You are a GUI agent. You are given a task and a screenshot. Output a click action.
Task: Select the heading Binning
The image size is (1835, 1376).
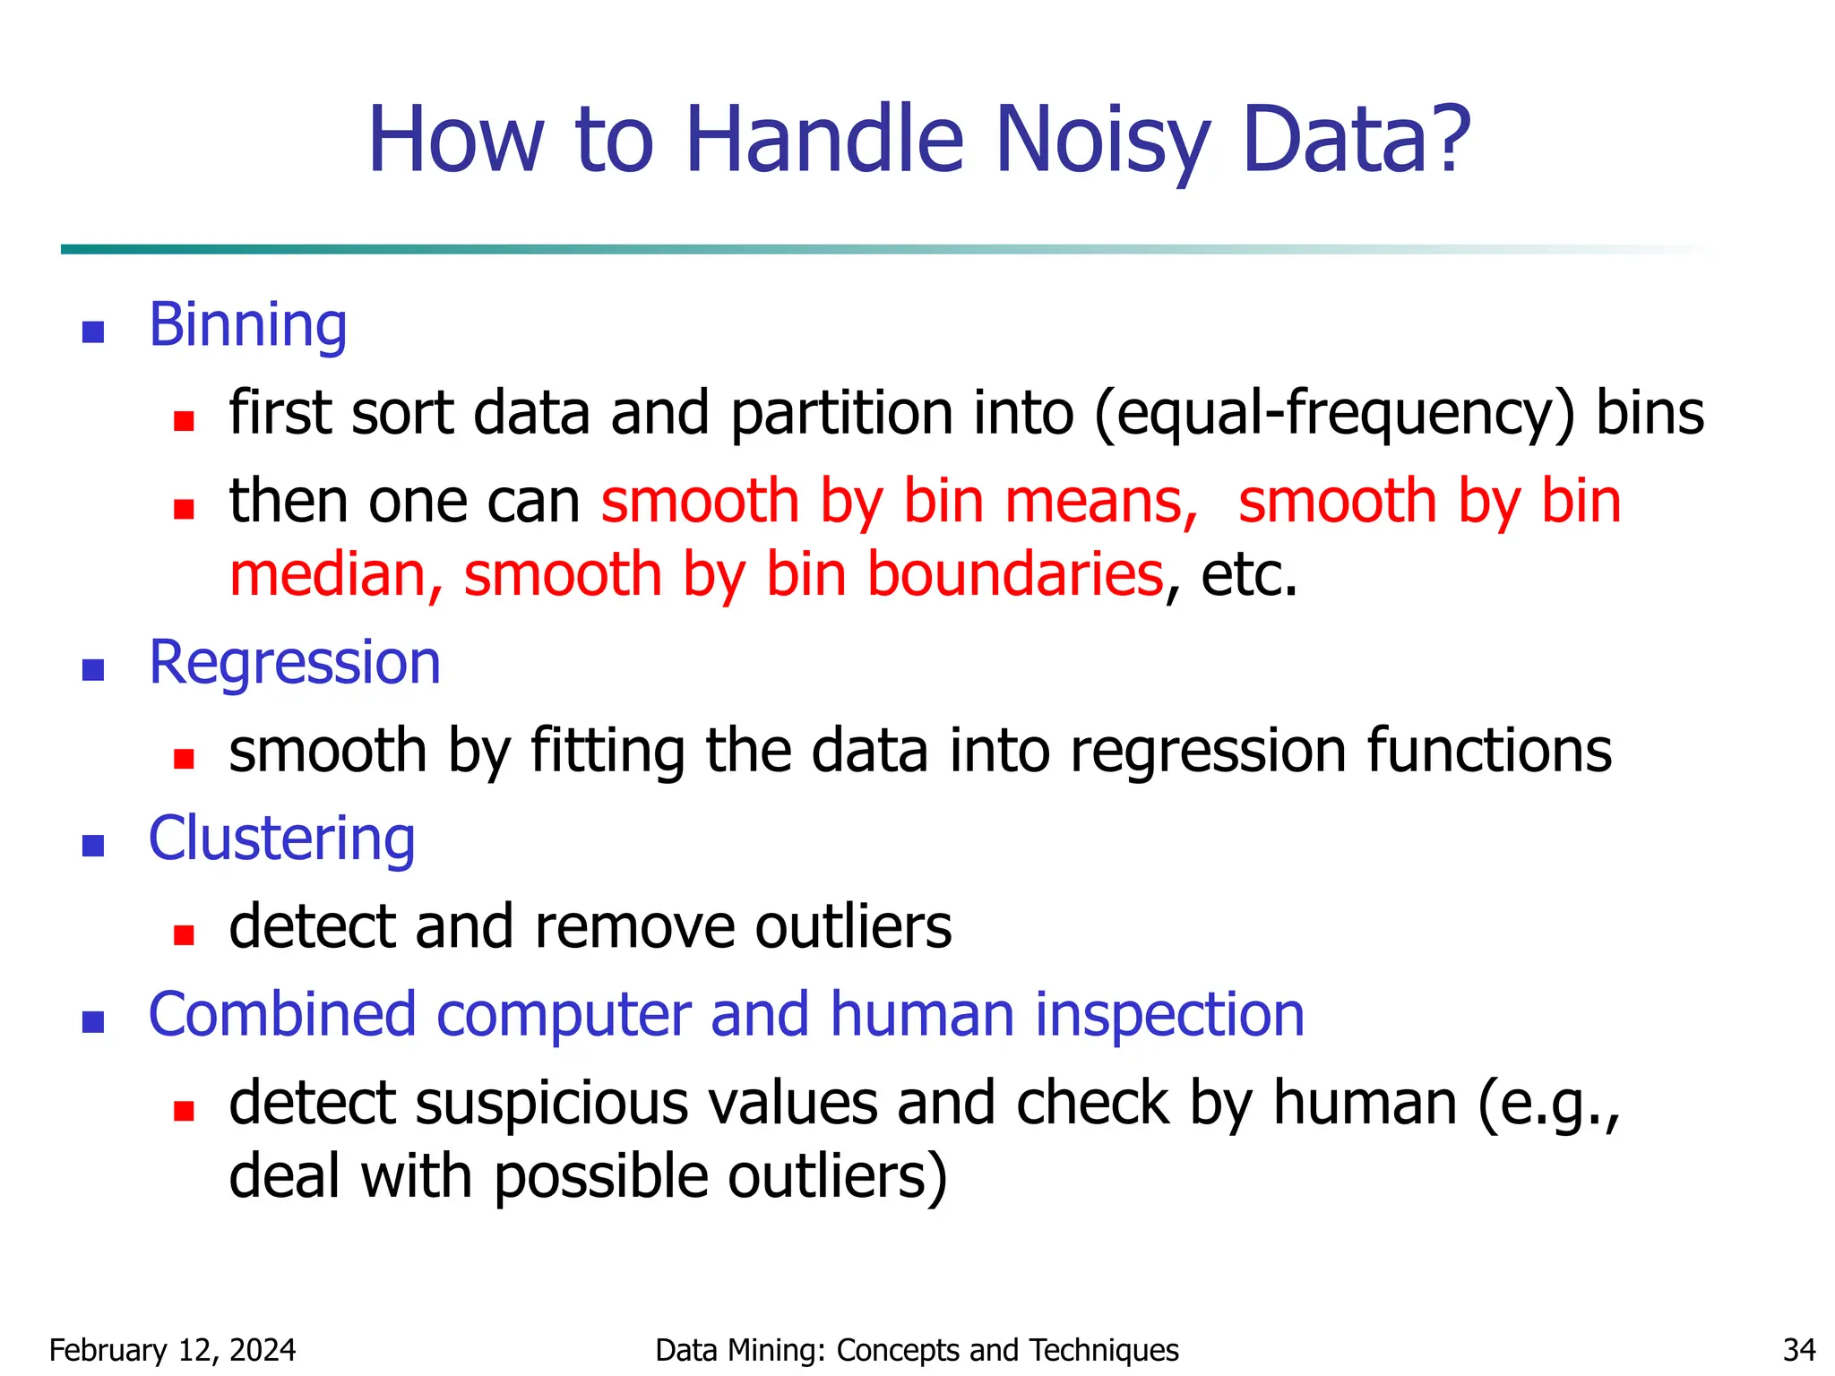(248, 324)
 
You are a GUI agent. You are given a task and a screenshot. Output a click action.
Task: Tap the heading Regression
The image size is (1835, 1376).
(295, 663)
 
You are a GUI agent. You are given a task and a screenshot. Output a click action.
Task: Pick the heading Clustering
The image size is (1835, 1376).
(281, 839)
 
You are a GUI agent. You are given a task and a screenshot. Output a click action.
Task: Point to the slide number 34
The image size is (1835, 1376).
(1799, 1350)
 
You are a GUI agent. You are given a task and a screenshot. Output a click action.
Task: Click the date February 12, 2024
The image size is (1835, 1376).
(172, 1350)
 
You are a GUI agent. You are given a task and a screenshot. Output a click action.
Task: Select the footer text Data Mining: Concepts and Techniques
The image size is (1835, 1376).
(917, 1350)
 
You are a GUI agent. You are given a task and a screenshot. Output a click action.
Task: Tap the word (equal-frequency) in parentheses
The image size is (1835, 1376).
(1334, 414)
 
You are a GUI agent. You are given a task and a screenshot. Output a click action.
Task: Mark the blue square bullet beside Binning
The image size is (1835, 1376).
(93, 332)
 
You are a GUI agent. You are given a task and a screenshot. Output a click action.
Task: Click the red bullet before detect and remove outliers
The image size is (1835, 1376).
(185, 935)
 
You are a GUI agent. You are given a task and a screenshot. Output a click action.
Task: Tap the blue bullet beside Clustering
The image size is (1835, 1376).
(93, 846)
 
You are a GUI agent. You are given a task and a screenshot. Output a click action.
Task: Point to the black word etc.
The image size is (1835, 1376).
(1249, 574)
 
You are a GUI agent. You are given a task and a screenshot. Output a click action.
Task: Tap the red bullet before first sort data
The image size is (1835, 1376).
(185, 421)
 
